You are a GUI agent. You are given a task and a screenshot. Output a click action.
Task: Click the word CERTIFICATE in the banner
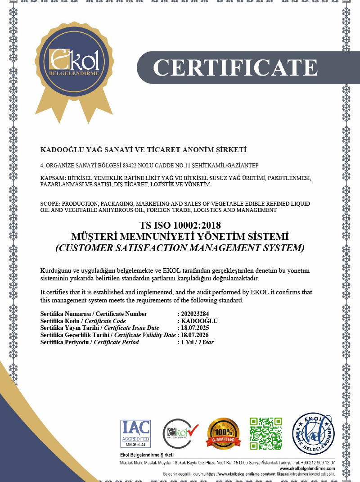[235, 67]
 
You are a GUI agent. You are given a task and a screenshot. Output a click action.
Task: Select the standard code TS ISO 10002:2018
[180, 225]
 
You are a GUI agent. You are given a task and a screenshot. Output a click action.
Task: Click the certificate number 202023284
[195, 314]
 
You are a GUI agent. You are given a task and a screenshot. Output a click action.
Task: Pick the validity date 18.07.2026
[195, 335]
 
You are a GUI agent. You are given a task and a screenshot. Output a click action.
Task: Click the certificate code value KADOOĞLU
[199, 321]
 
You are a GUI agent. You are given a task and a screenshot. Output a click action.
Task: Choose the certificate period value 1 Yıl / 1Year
[197, 342]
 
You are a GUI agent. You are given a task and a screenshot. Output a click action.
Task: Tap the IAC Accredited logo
[135, 433]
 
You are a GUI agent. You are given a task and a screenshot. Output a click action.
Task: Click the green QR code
[266, 433]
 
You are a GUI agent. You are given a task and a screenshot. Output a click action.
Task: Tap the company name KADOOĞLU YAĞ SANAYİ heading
[144, 149]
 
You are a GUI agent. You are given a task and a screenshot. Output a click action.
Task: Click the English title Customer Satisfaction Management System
[180, 248]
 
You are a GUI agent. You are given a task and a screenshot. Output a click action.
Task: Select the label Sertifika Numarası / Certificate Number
[94, 314]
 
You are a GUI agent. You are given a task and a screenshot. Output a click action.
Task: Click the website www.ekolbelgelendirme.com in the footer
[310, 468]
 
